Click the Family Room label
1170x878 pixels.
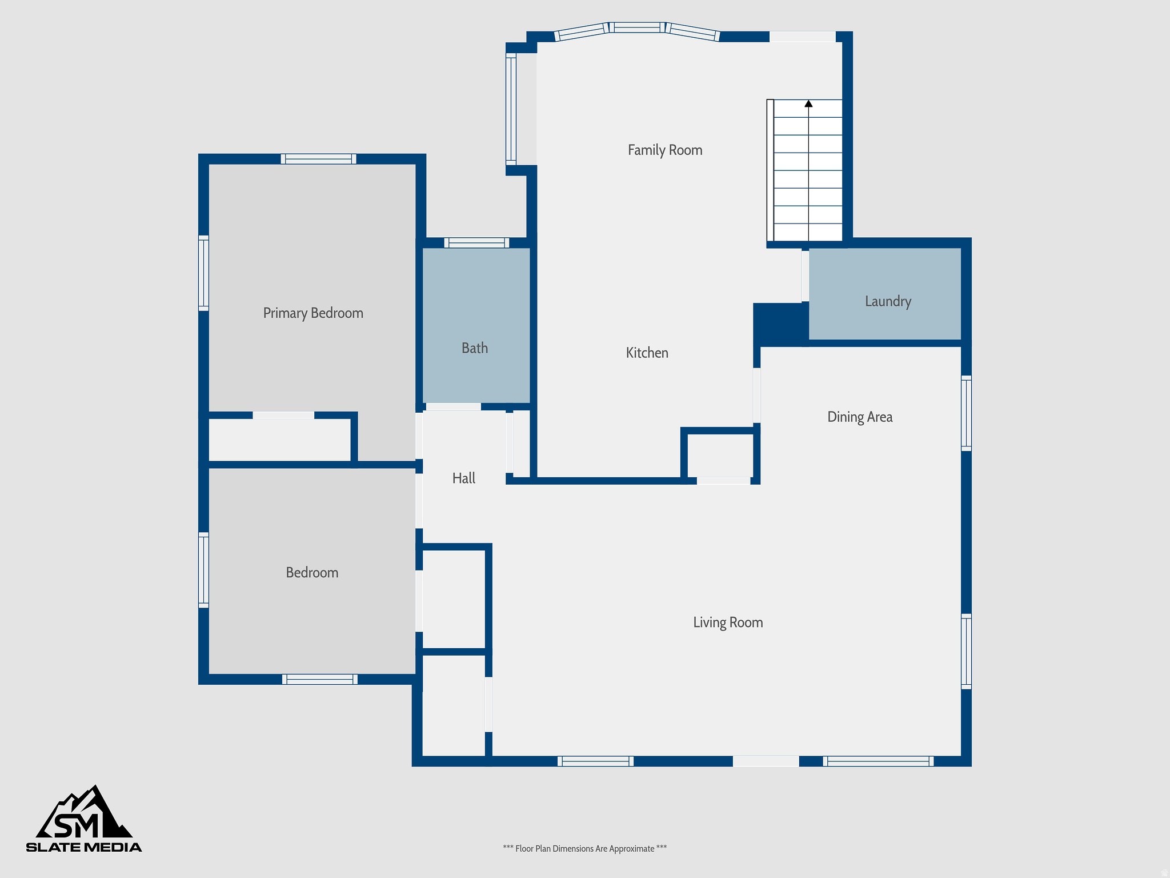click(x=665, y=150)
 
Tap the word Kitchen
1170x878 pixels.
click(x=647, y=353)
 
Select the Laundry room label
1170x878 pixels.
click(x=888, y=301)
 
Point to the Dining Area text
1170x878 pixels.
click(x=860, y=417)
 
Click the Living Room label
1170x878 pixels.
click(x=728, y=622)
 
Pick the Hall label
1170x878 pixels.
click(x=464, y=478)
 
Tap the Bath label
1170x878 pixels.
click(x=475, y=348)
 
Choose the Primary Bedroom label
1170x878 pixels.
click(x=313, y=313)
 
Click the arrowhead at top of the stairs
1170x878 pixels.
click(x=808, y=103)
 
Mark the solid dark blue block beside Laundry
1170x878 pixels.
click(x=780, y=324)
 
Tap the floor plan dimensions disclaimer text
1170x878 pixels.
click(x=584, y=848)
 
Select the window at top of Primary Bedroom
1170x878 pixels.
click(x=318, y=159)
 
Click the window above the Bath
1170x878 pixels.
click(x=476, y=243)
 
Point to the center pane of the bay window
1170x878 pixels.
click(x=637, y=27)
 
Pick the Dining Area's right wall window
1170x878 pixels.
click(x=966, y=413)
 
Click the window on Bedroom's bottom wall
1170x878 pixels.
click(x=320, y=679)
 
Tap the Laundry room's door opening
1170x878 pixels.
click(x=805, y=276)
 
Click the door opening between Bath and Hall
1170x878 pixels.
click(x=454, y=407)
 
